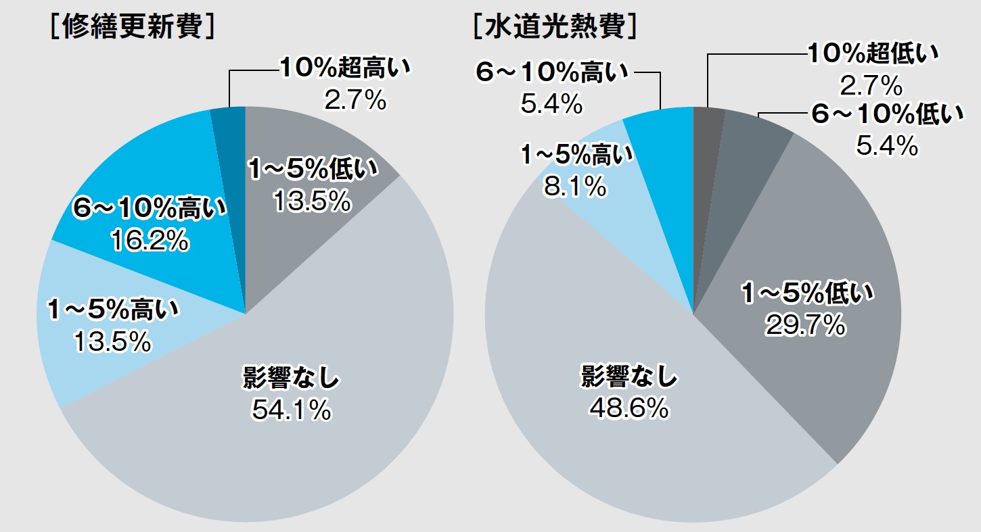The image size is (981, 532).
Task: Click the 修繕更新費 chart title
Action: click(x=133, y=28)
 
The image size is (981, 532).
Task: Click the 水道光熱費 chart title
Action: click(x=555, y=28)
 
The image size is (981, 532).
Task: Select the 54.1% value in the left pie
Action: click(x=292, y=410)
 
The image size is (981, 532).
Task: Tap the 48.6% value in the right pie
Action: click(x=629, y=408)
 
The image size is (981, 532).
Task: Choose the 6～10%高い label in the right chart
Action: click(x=551, y=73)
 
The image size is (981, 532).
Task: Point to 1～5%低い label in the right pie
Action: click(x=807, y=295)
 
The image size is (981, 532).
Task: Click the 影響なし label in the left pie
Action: click(x=291, y=379)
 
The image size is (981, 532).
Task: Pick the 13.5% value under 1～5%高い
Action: click(x=112, y=342)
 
